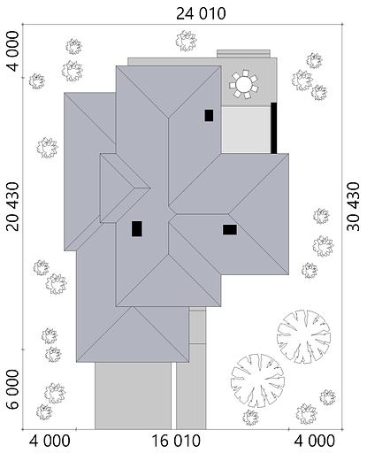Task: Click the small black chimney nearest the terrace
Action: [x=209, y=115]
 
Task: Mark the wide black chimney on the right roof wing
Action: [x=229, y=230]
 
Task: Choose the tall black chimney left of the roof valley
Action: [x=137, y=228]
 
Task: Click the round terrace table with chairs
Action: [x=242, y=85]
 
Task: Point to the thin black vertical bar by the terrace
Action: [x=274, y=127]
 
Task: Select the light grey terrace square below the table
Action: [x=244, y=130]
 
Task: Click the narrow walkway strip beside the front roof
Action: [x=197, y=335]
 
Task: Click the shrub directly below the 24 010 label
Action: [x=186, y=41]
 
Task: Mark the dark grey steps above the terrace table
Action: [x=239, y=54]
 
